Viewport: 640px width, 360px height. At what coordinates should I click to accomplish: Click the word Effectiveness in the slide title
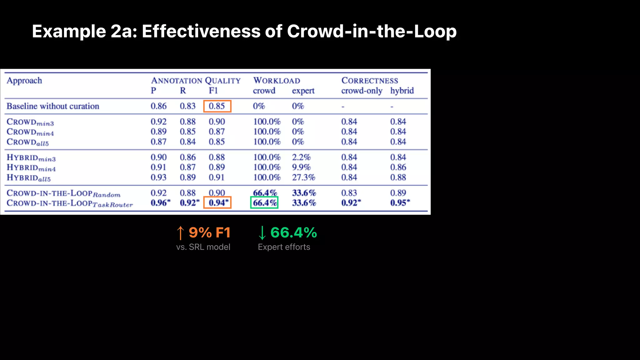coord(201,32)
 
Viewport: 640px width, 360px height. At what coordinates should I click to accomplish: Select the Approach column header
coord(24,81)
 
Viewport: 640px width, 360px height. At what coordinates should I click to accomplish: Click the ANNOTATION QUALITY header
coord(196,81)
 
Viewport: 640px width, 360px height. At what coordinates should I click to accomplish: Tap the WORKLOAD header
coord(277,81)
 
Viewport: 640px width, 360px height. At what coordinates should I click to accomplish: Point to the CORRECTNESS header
coord(370,81)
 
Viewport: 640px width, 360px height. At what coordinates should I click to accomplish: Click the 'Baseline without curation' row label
coord(53,106)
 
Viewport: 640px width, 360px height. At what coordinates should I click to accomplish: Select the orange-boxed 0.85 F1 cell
coord(217,106)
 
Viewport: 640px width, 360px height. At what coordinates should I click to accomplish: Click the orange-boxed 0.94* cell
coord(217,203)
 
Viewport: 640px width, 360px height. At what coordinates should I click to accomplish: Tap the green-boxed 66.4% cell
coord(264,203)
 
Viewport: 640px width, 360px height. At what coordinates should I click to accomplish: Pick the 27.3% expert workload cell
coord(303,177)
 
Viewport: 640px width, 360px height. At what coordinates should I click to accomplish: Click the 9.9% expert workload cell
coord(301,167)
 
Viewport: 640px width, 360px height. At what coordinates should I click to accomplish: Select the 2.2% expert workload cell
coord(301,157)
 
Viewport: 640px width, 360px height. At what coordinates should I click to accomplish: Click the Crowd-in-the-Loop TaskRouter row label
coord(70,203)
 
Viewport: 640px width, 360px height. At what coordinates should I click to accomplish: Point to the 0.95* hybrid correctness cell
coord(400,203)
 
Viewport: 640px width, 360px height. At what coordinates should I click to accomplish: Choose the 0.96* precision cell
coord(161,203)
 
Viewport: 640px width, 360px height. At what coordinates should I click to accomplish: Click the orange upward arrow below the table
coord(180,233)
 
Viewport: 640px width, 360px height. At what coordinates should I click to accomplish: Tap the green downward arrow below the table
coord(262,233)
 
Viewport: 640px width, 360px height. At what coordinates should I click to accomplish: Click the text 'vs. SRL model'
coord(203,247)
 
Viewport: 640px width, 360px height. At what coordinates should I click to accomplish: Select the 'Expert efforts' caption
coord(284,247)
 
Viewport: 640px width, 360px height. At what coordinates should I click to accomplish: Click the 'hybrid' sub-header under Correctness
coord(402,91)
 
